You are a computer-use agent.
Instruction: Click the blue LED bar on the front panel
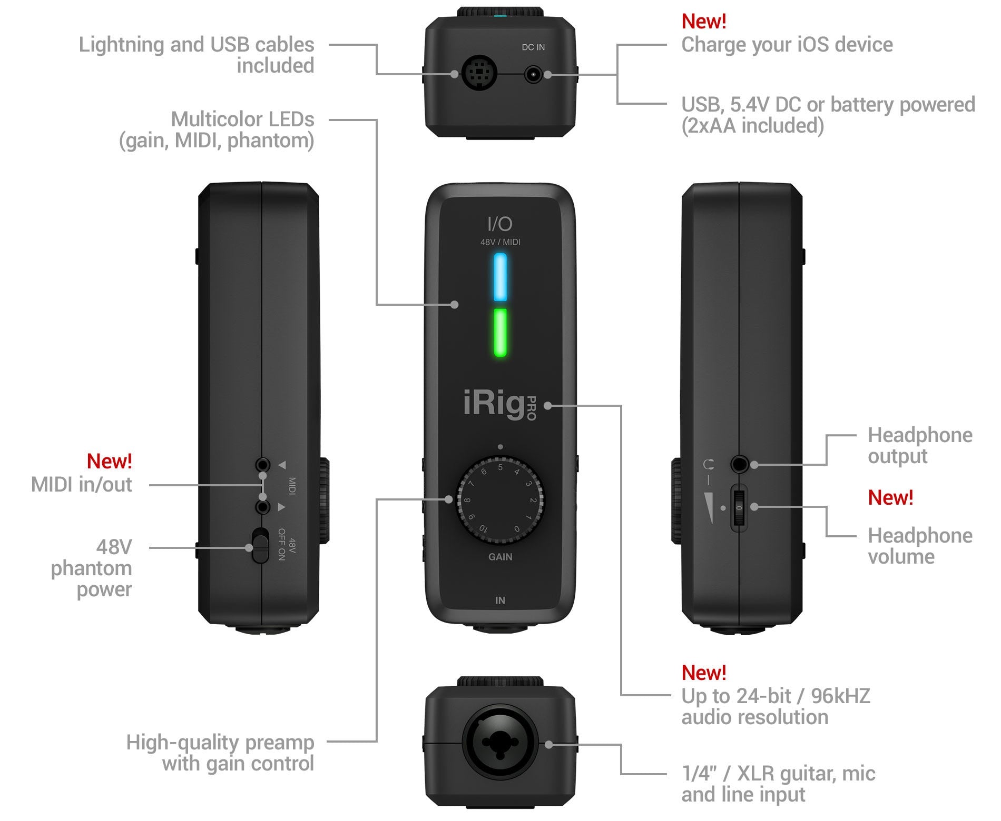[x=500, y=277]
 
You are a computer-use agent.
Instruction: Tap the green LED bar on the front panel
[x=500, y=333]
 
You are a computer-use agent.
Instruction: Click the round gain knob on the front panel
[x=500, y=499]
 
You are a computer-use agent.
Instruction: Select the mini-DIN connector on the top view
[x=478, y=74]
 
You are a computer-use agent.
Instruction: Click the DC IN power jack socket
[x=533, y=75]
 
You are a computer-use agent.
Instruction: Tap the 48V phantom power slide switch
[x=259, y=546]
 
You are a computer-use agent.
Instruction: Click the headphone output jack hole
[x=739, y=464]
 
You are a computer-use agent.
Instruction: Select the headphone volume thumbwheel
[x=739, y=508]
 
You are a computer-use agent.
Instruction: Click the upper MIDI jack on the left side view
[x=262, y=465]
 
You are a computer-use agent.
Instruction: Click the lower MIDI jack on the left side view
[x=262, y=507]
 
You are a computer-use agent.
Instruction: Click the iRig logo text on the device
[x=493, y=404]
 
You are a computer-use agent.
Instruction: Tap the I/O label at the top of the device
[x=499, y=224]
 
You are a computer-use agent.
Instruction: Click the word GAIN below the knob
[x=500, y=557]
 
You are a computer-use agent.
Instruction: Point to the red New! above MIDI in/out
[x=109, y=462]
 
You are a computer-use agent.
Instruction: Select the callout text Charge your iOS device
[x=787, y=45]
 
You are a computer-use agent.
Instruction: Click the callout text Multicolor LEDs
[x=242, y=119]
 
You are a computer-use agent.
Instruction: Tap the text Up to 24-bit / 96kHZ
[x=776, y=696]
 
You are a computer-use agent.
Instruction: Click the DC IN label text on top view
[x=533, y=47]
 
